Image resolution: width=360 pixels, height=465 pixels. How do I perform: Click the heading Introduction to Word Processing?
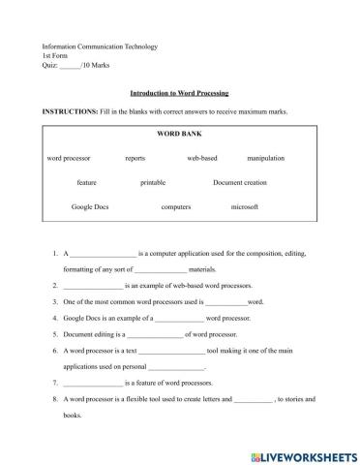[x=179, y=93]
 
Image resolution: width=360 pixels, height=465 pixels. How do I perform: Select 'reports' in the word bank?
[x=135, y=157]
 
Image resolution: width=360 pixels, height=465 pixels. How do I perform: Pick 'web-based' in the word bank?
[x=202, y=157]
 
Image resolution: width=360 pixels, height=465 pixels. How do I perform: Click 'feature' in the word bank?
[x=87, y=181]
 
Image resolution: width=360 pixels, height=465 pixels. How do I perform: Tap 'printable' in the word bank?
[x=153, y=181]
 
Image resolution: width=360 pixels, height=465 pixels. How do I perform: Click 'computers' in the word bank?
[x=175, y=206]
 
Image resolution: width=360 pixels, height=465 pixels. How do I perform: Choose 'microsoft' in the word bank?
[x=244, y=206]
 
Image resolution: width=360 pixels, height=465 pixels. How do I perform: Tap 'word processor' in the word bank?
[x=68, y=157]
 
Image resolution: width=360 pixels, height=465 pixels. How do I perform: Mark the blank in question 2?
[x=93, y=286]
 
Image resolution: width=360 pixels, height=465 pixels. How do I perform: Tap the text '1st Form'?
[x=57, y=56]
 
